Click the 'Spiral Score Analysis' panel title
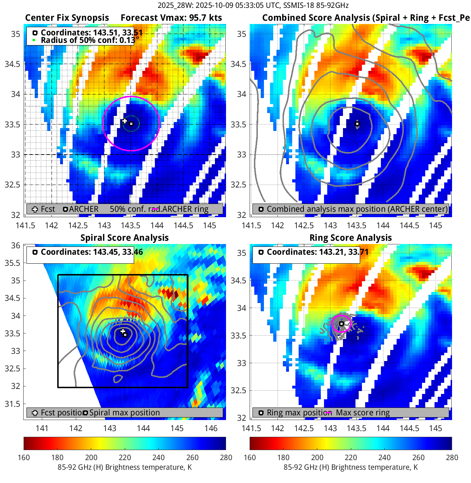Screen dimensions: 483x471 click(124, 238)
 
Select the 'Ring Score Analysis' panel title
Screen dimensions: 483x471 click(350, 238)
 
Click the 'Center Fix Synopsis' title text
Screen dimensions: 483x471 click(67, 18)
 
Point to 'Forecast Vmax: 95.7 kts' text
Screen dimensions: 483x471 click(171, 18)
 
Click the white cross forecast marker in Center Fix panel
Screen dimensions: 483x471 click(124, 121)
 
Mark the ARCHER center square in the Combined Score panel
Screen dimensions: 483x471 click(357, 124)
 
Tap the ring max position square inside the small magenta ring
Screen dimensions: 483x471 click(342, 324)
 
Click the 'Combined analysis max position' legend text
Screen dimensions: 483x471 click(357, 209)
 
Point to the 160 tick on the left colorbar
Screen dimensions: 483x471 click(24, 458)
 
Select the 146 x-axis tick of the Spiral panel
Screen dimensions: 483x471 click(211, 428)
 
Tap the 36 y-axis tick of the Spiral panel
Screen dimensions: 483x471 click(15, 245)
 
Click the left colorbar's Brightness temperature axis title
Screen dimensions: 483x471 click(124, 467)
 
